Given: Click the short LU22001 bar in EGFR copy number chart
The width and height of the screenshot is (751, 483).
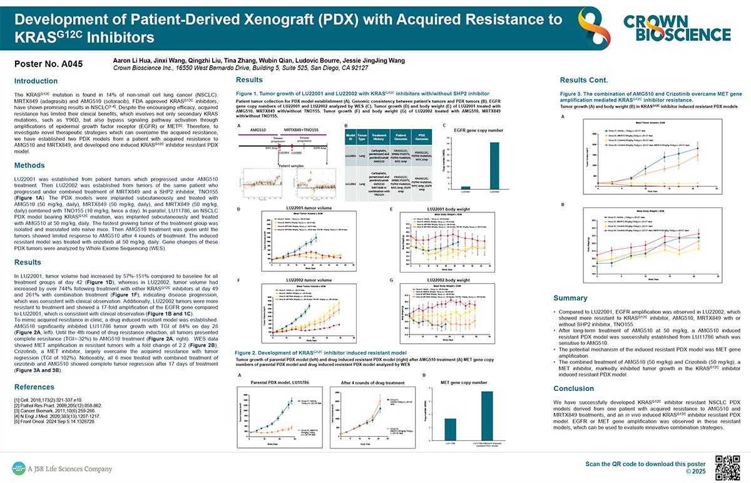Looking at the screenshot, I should click(465, 187).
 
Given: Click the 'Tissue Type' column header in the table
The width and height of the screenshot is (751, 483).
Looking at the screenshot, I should click(362, 138).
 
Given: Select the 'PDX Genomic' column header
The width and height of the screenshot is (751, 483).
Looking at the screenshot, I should click(424, 138).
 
